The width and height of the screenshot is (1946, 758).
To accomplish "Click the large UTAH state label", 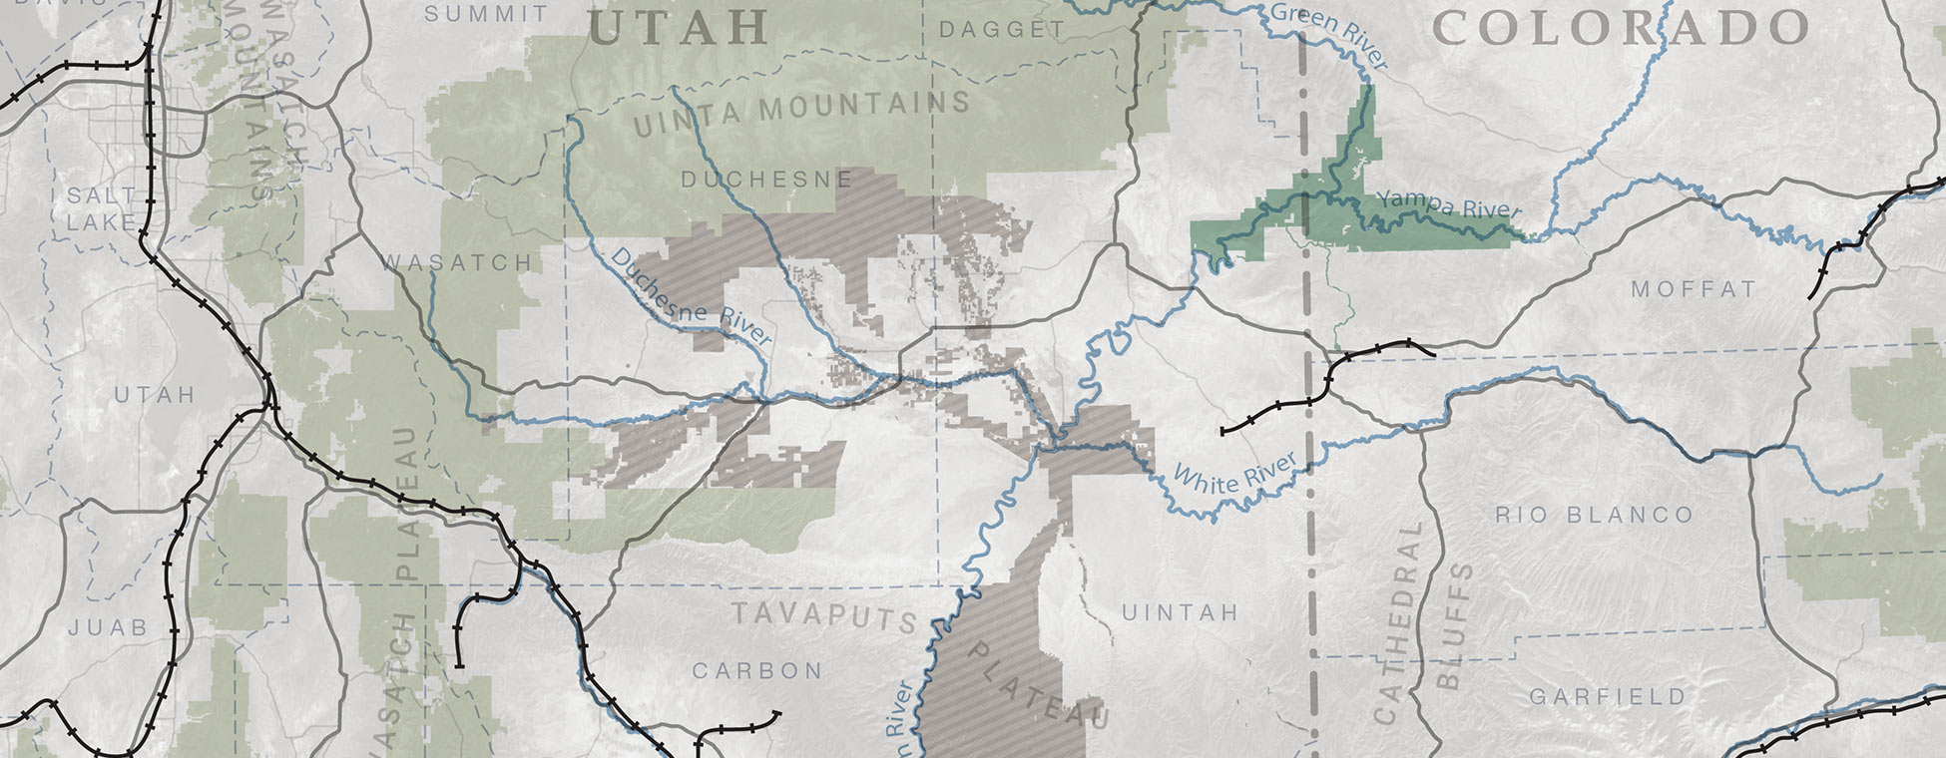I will (x=680, y=27).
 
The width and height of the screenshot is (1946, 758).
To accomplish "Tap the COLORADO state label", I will (x=1621, y=29).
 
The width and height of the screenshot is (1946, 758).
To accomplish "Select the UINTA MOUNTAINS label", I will (x=802, y=112).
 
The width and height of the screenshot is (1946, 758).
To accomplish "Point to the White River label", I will (x=1235, y=471).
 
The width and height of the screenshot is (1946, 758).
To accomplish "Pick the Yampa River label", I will (x=1449, y=204).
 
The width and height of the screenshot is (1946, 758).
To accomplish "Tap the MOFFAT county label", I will (x=1694, y=289).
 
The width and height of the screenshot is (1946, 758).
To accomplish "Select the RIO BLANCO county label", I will (x=1594, y=515).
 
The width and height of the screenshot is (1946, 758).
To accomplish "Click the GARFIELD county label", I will (x=1608, y=696).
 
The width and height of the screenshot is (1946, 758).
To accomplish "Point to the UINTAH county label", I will (x=1180, y=611).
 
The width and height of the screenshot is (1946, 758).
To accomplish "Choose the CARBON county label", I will (x=757, y=670).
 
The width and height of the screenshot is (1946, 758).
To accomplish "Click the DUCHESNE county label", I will (x=766, y=180).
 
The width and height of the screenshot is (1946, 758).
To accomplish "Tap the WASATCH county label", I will (x=458, y=262).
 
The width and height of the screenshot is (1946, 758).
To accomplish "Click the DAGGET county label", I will (x=1002, y=30).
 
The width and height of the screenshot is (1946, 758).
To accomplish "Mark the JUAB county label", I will (x=108, y=627).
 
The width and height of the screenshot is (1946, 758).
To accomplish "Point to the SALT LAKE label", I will (x=101, y=208).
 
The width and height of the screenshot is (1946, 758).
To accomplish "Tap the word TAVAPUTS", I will (x=824, y=614).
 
